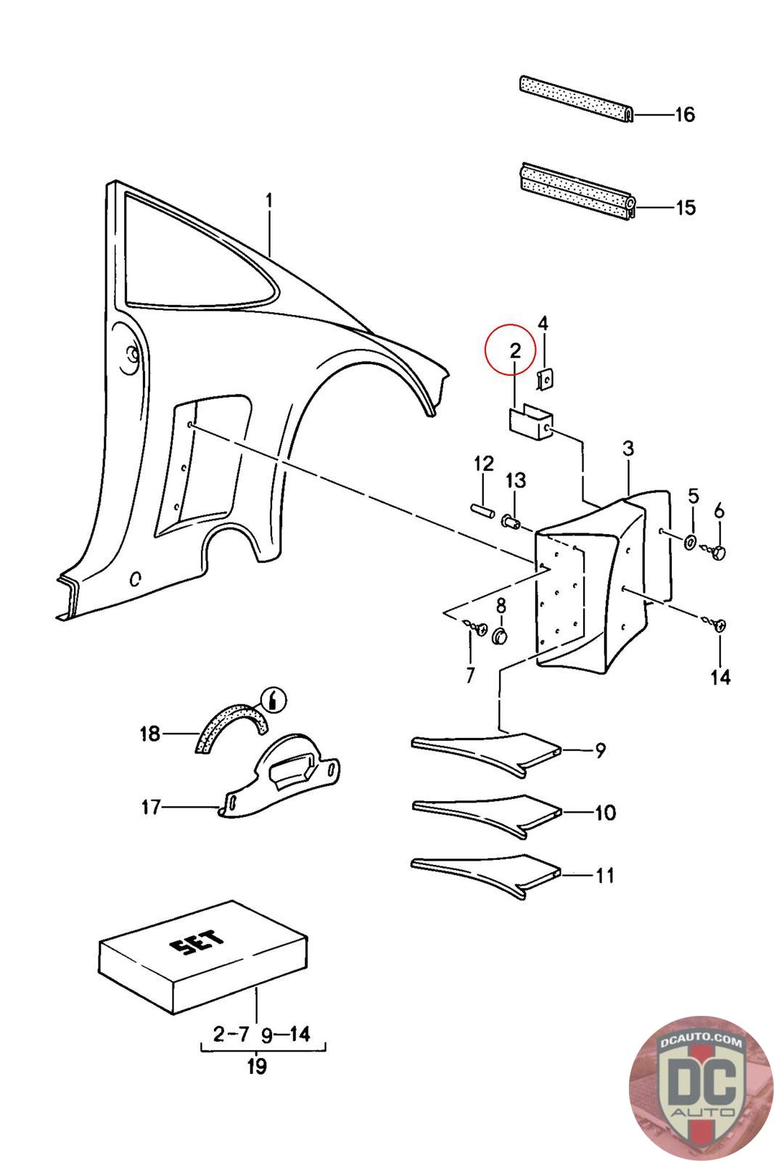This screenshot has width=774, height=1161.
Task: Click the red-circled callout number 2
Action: pyautogui.click(x=515, y=351)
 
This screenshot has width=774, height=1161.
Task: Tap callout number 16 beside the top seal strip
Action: pyautogui.click(x=684, y=115)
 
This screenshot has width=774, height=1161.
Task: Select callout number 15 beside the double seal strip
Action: pyautogui.click(x=685, y=208)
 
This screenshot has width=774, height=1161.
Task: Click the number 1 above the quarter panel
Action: pyautogui.click(x=269, y=200)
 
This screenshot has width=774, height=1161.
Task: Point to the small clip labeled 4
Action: pyautogui.click(x=544, y=380)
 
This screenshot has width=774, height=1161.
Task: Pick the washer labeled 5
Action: pyautogui.click(x=691, y=541)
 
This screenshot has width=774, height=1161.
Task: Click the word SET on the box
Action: pyautogui.click(x=198, y=944)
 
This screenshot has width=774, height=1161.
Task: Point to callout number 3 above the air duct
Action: pyautogui.click(x=628, y=448)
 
